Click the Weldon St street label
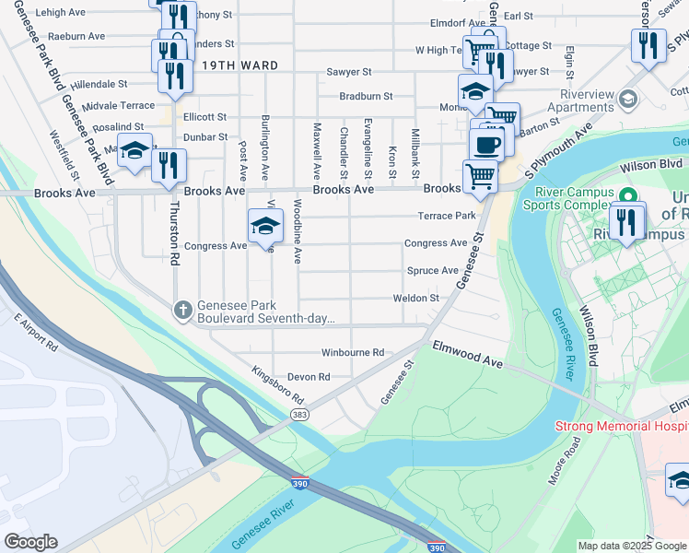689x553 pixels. click(x=415, y=298)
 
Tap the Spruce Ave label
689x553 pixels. click(x=432, y=271)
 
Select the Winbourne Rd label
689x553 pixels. click(x=352, y=353)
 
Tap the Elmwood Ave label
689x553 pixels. click(x=468, y=354)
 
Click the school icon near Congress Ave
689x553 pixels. click(x=264, y=225)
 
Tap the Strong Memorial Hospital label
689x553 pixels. click(x=621, y=427)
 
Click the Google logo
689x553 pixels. click(x=30, y=541)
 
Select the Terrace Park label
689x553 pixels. click(x=448, y=216)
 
